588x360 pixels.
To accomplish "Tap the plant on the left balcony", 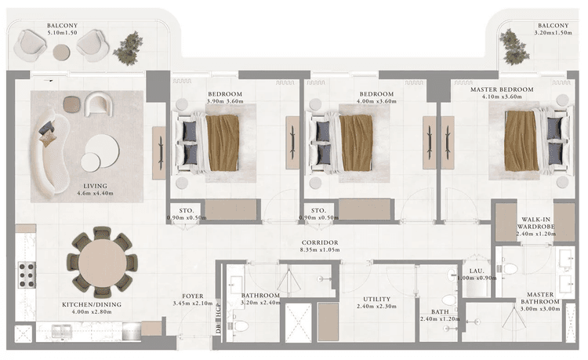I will (x=128, y=48).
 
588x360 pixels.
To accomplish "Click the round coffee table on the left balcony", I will (x=61, y=52).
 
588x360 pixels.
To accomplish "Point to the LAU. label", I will (x=474, y=269).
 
